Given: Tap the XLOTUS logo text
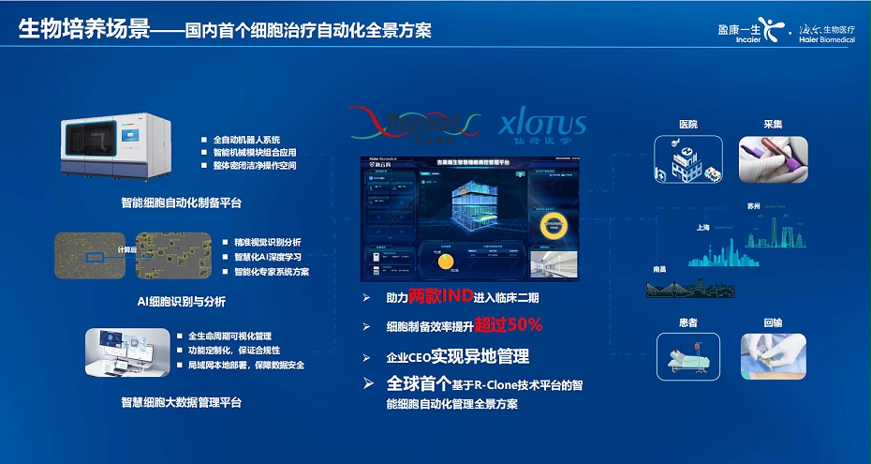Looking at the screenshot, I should (542, 125).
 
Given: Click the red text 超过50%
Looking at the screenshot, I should (508, 325).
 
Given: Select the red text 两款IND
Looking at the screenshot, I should (438, 297).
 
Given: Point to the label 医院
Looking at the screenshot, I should (687, 125).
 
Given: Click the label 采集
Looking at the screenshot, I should (773, 125).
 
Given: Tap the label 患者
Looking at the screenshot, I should (687, 322).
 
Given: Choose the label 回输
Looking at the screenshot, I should (773, 322).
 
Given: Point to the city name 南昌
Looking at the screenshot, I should (660, 269).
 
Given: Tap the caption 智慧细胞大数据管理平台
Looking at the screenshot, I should (181, 402).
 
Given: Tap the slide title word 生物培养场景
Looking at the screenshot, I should (85, 29).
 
